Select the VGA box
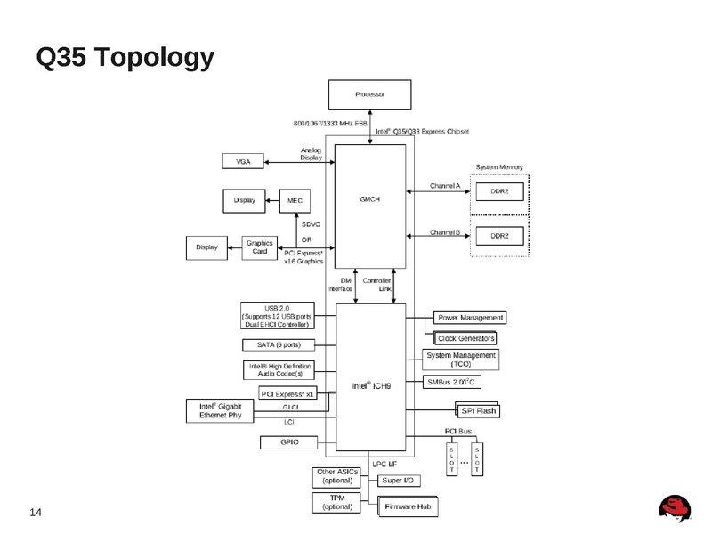pyautogui.click(x=243, y=161)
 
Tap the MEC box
pyautogui.click(x=294, y=201)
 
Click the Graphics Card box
pyautogui.click(x=259, y=247)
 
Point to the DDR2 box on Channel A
pyautogui.click(x=499, y=191)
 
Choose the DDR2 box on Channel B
pyautogui.click(x=499, y=236)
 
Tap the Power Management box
pyautogui.click(x=470, y=318)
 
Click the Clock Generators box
pyautogui.click(x=466, y=338)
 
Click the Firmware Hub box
pyautogui.click(x=409, y=506)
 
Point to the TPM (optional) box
pyautogui.click(x=337, y=502)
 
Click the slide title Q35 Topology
pyautogui.click(x=125, y=58)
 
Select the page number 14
pyautogui.click(x=36, y=511)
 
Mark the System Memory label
pyautogui.click(x=499, y=166)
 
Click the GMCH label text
pyautogui.click(x=370, y=199)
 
